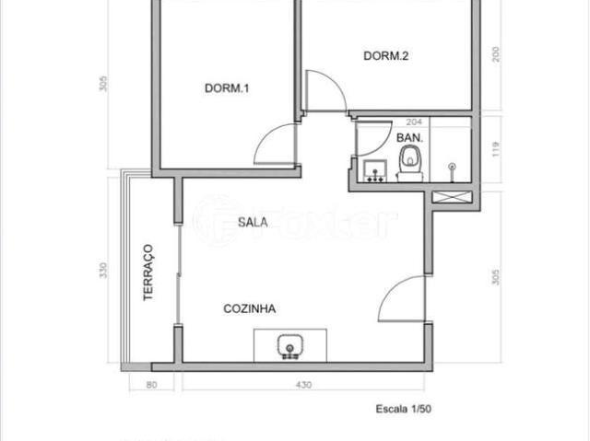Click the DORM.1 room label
point(227,88)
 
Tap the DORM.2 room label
point(385,56)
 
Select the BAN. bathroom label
point(409,137)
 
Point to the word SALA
point(252,221)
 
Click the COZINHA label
point(250,309)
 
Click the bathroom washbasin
point(374,170)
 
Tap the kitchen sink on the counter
point(289,346)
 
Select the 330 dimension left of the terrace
point(104,271)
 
